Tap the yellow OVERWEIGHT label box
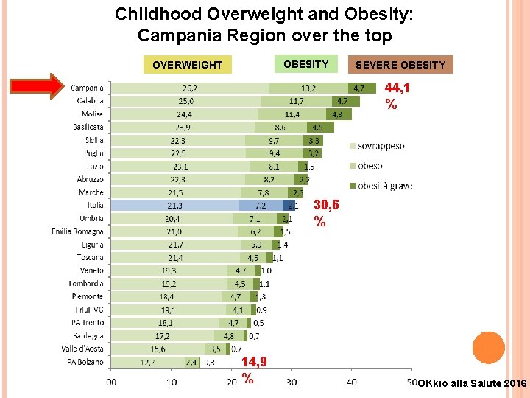click(187, 65)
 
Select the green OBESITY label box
click(305, 64)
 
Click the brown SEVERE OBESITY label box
click(400, 65)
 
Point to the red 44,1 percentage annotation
click(397, 96)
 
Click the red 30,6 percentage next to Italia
click(327, 212)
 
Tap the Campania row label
click(87, 88)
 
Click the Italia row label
click(95, 205)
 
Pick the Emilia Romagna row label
click(77, 231)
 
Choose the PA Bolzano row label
click(85, 362)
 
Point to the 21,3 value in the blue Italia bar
click(175, 205)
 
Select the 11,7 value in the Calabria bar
click(297, 101)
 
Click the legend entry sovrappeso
click(381, 146)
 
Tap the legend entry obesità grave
click(385, 186)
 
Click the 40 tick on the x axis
click(352, 383)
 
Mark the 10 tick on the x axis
click(171, 383)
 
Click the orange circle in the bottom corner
click(488, 348)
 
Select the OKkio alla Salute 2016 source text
click(471, 384)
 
